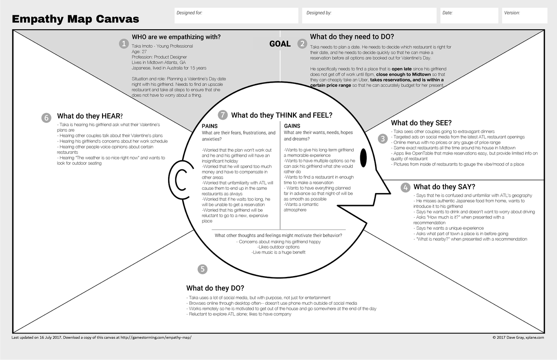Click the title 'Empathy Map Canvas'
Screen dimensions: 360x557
coord(75,19)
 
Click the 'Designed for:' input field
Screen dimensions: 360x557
coord(236,16)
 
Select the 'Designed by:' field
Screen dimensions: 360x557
coord(369,16)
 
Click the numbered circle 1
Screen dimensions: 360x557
coord(123,44)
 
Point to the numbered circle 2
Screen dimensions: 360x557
coord(303,44)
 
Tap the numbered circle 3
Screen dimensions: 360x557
coord(383,138)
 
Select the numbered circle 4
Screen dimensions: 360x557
coord(406,187)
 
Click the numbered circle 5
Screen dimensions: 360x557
coord(202,269)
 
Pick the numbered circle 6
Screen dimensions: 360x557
coord(46,117)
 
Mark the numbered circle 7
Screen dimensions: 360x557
coord(223,115)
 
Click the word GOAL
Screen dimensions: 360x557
coord(280,44)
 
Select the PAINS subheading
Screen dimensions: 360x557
coord(210,126)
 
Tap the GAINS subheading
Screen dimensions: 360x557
coord(292,126)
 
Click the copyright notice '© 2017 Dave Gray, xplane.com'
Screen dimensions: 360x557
coord(518,337)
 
